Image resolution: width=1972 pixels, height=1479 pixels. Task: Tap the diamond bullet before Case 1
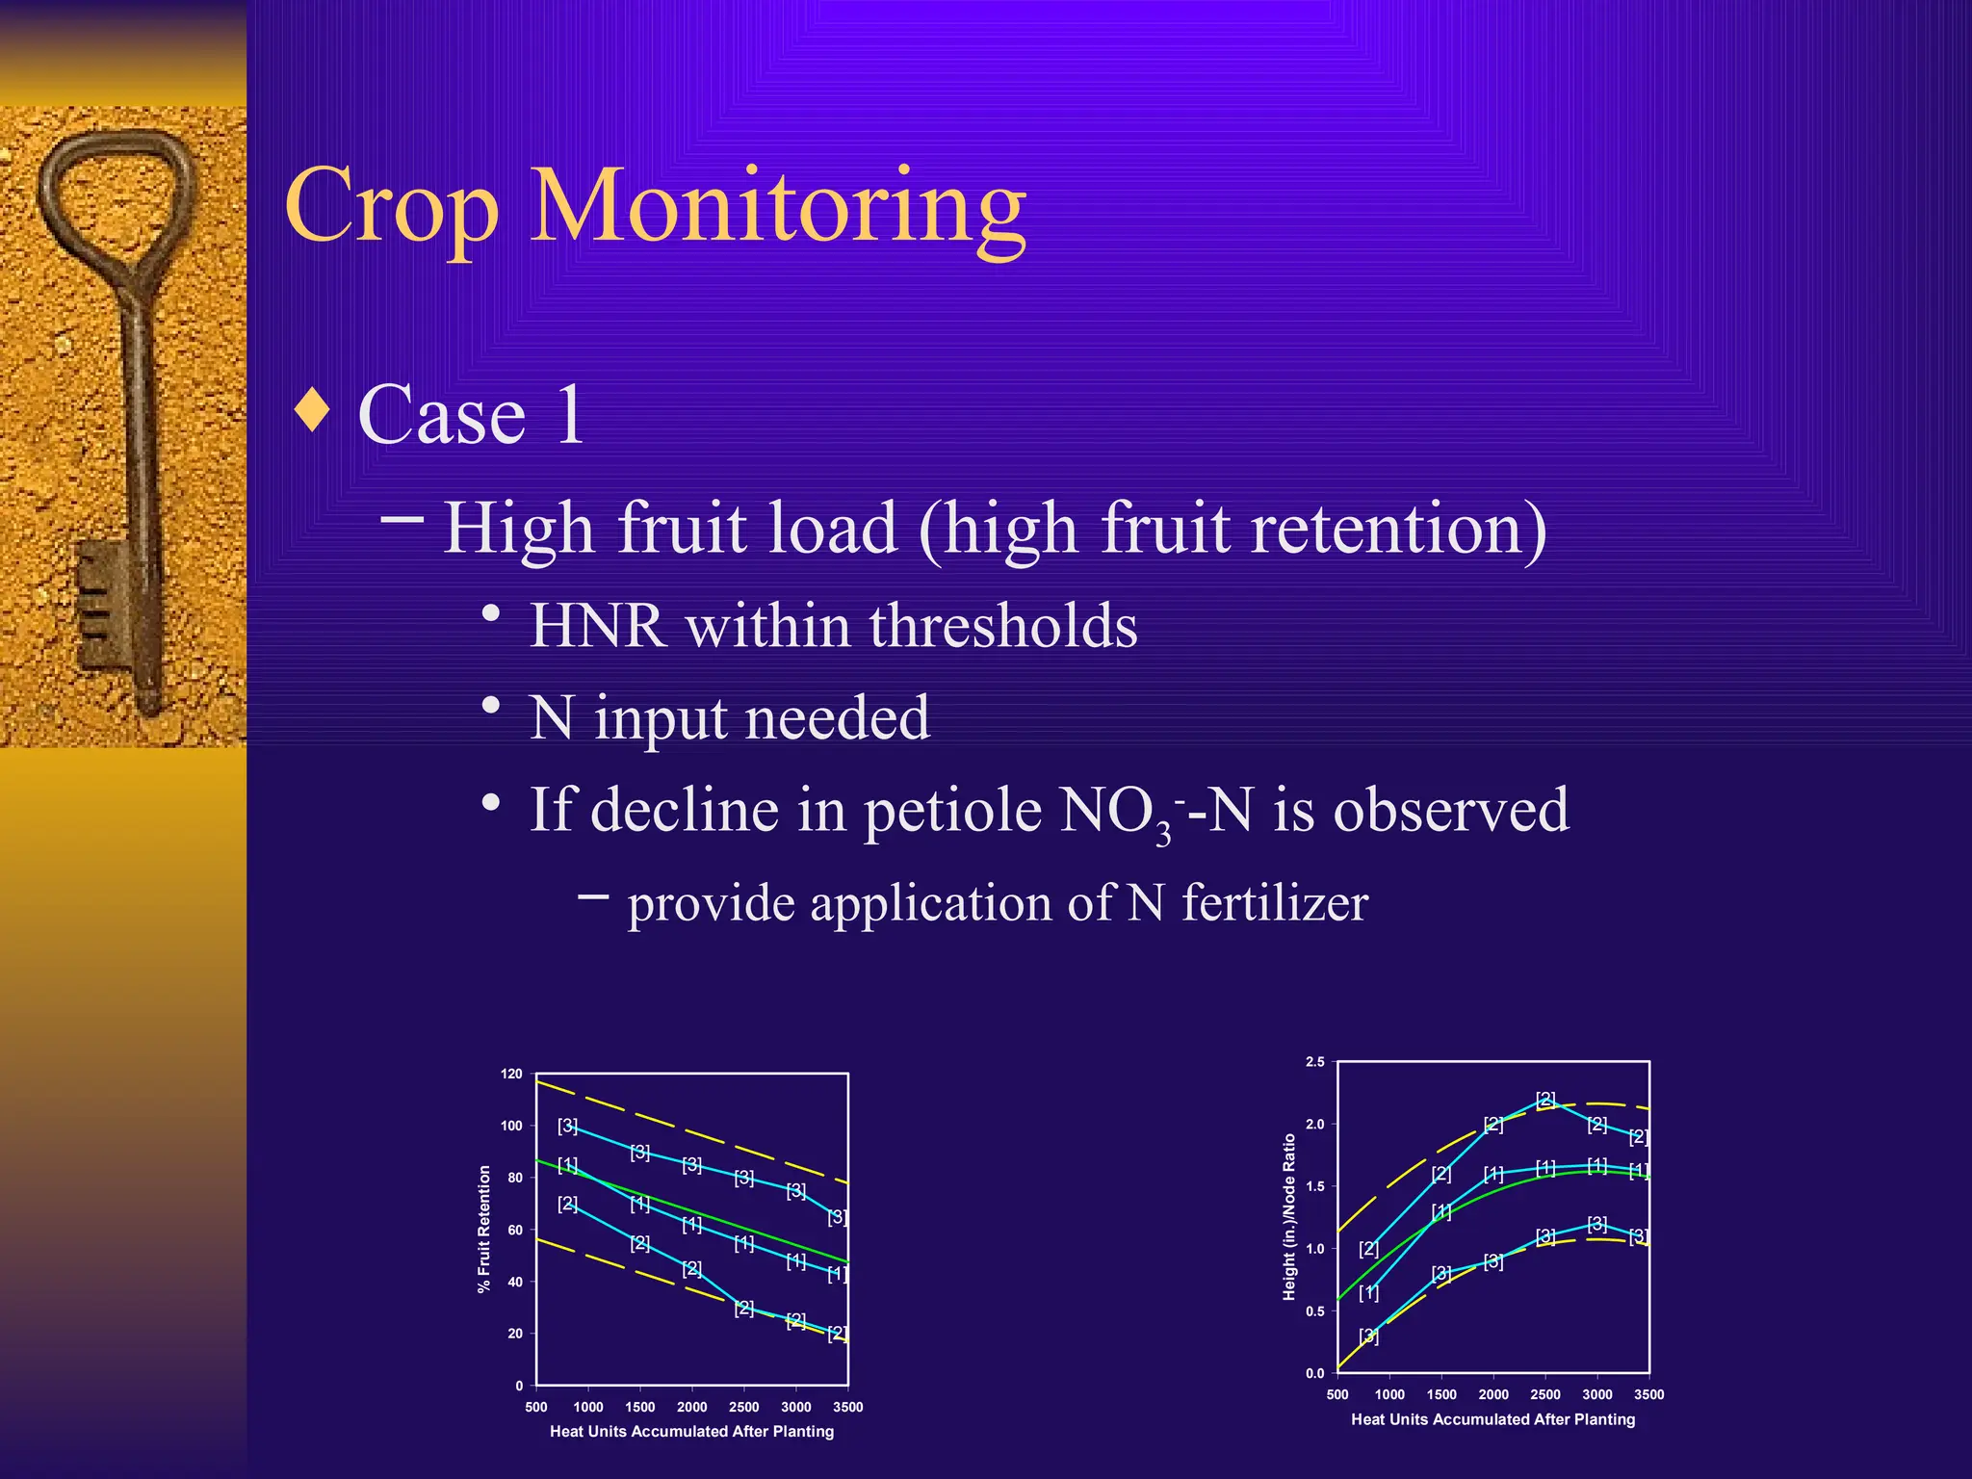point(312,410)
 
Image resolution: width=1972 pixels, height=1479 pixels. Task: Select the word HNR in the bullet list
point(597,626)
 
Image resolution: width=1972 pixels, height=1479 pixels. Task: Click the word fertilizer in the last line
point(1274,903)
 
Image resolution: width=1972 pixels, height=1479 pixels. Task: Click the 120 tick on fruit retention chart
point(511,1074)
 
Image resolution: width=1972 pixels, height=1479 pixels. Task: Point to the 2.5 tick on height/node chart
point(1314,1062)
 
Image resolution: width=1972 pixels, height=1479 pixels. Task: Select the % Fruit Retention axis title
point(484,1229)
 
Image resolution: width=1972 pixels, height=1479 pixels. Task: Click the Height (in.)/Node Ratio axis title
point(1288,1217)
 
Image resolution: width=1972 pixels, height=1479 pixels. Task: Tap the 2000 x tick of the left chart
point(691,1407)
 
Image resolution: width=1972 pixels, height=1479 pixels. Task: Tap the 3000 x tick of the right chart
point(1596,1394)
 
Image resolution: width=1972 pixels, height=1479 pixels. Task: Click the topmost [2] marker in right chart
point(1545,1099)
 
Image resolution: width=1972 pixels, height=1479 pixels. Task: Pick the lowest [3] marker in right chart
point(1368,1336)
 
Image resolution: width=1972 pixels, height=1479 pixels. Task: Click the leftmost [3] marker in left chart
point(567,1125)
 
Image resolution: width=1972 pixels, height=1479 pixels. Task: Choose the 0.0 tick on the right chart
point(1314,1374)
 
